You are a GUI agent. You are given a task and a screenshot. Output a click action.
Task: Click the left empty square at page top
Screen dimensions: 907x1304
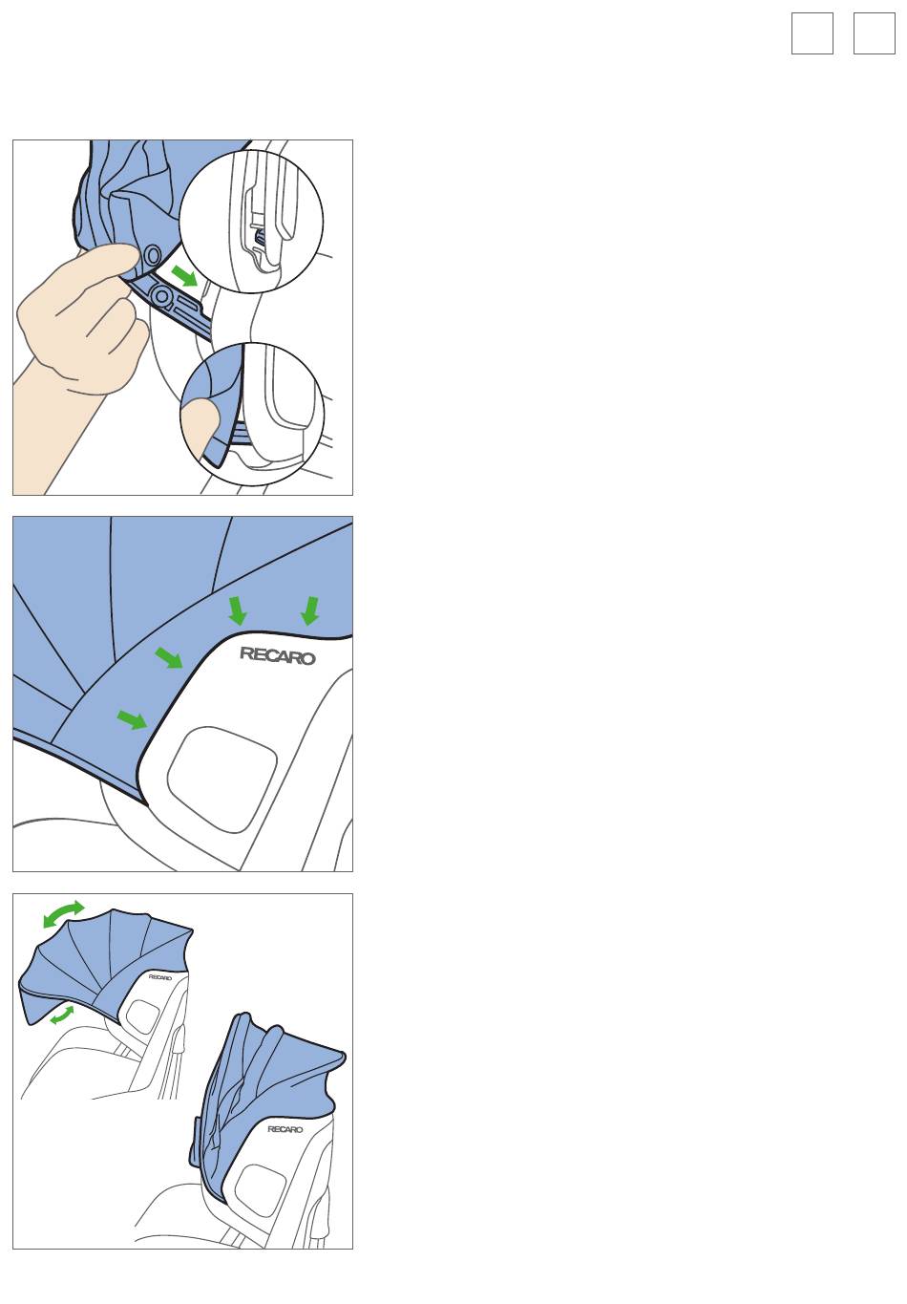coord(812,33)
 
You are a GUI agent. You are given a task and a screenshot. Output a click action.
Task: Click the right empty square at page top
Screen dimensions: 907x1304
coord(874,33)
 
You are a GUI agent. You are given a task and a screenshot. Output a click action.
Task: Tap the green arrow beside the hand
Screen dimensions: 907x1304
coord(185,276)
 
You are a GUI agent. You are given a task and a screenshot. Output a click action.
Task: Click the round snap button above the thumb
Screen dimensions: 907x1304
coord(152,254)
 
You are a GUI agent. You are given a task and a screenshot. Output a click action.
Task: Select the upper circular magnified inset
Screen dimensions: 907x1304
coord(251,222)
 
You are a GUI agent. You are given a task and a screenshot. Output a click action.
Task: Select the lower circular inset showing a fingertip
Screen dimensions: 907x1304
coord(252,414)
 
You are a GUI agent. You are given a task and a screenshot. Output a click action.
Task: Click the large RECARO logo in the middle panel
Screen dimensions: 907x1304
coord(278,656)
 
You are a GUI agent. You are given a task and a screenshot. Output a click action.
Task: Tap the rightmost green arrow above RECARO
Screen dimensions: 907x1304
coord(310,610)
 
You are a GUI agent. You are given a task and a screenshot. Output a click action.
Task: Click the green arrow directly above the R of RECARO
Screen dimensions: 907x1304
coord(237,610)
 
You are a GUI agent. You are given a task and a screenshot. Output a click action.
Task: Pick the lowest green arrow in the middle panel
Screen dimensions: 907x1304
coord(132,719)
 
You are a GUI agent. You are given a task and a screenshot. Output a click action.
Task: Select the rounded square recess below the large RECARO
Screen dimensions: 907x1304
coord(221,779)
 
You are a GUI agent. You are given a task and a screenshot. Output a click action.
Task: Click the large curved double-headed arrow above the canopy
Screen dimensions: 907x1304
coord(64,914)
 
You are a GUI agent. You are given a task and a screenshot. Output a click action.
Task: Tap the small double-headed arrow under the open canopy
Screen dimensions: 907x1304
coord(62,1015)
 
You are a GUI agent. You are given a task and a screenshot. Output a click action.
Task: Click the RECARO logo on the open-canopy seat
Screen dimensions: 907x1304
coord(160,977)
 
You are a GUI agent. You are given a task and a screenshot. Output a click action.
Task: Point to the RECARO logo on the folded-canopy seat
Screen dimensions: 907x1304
coord(285,1129)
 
